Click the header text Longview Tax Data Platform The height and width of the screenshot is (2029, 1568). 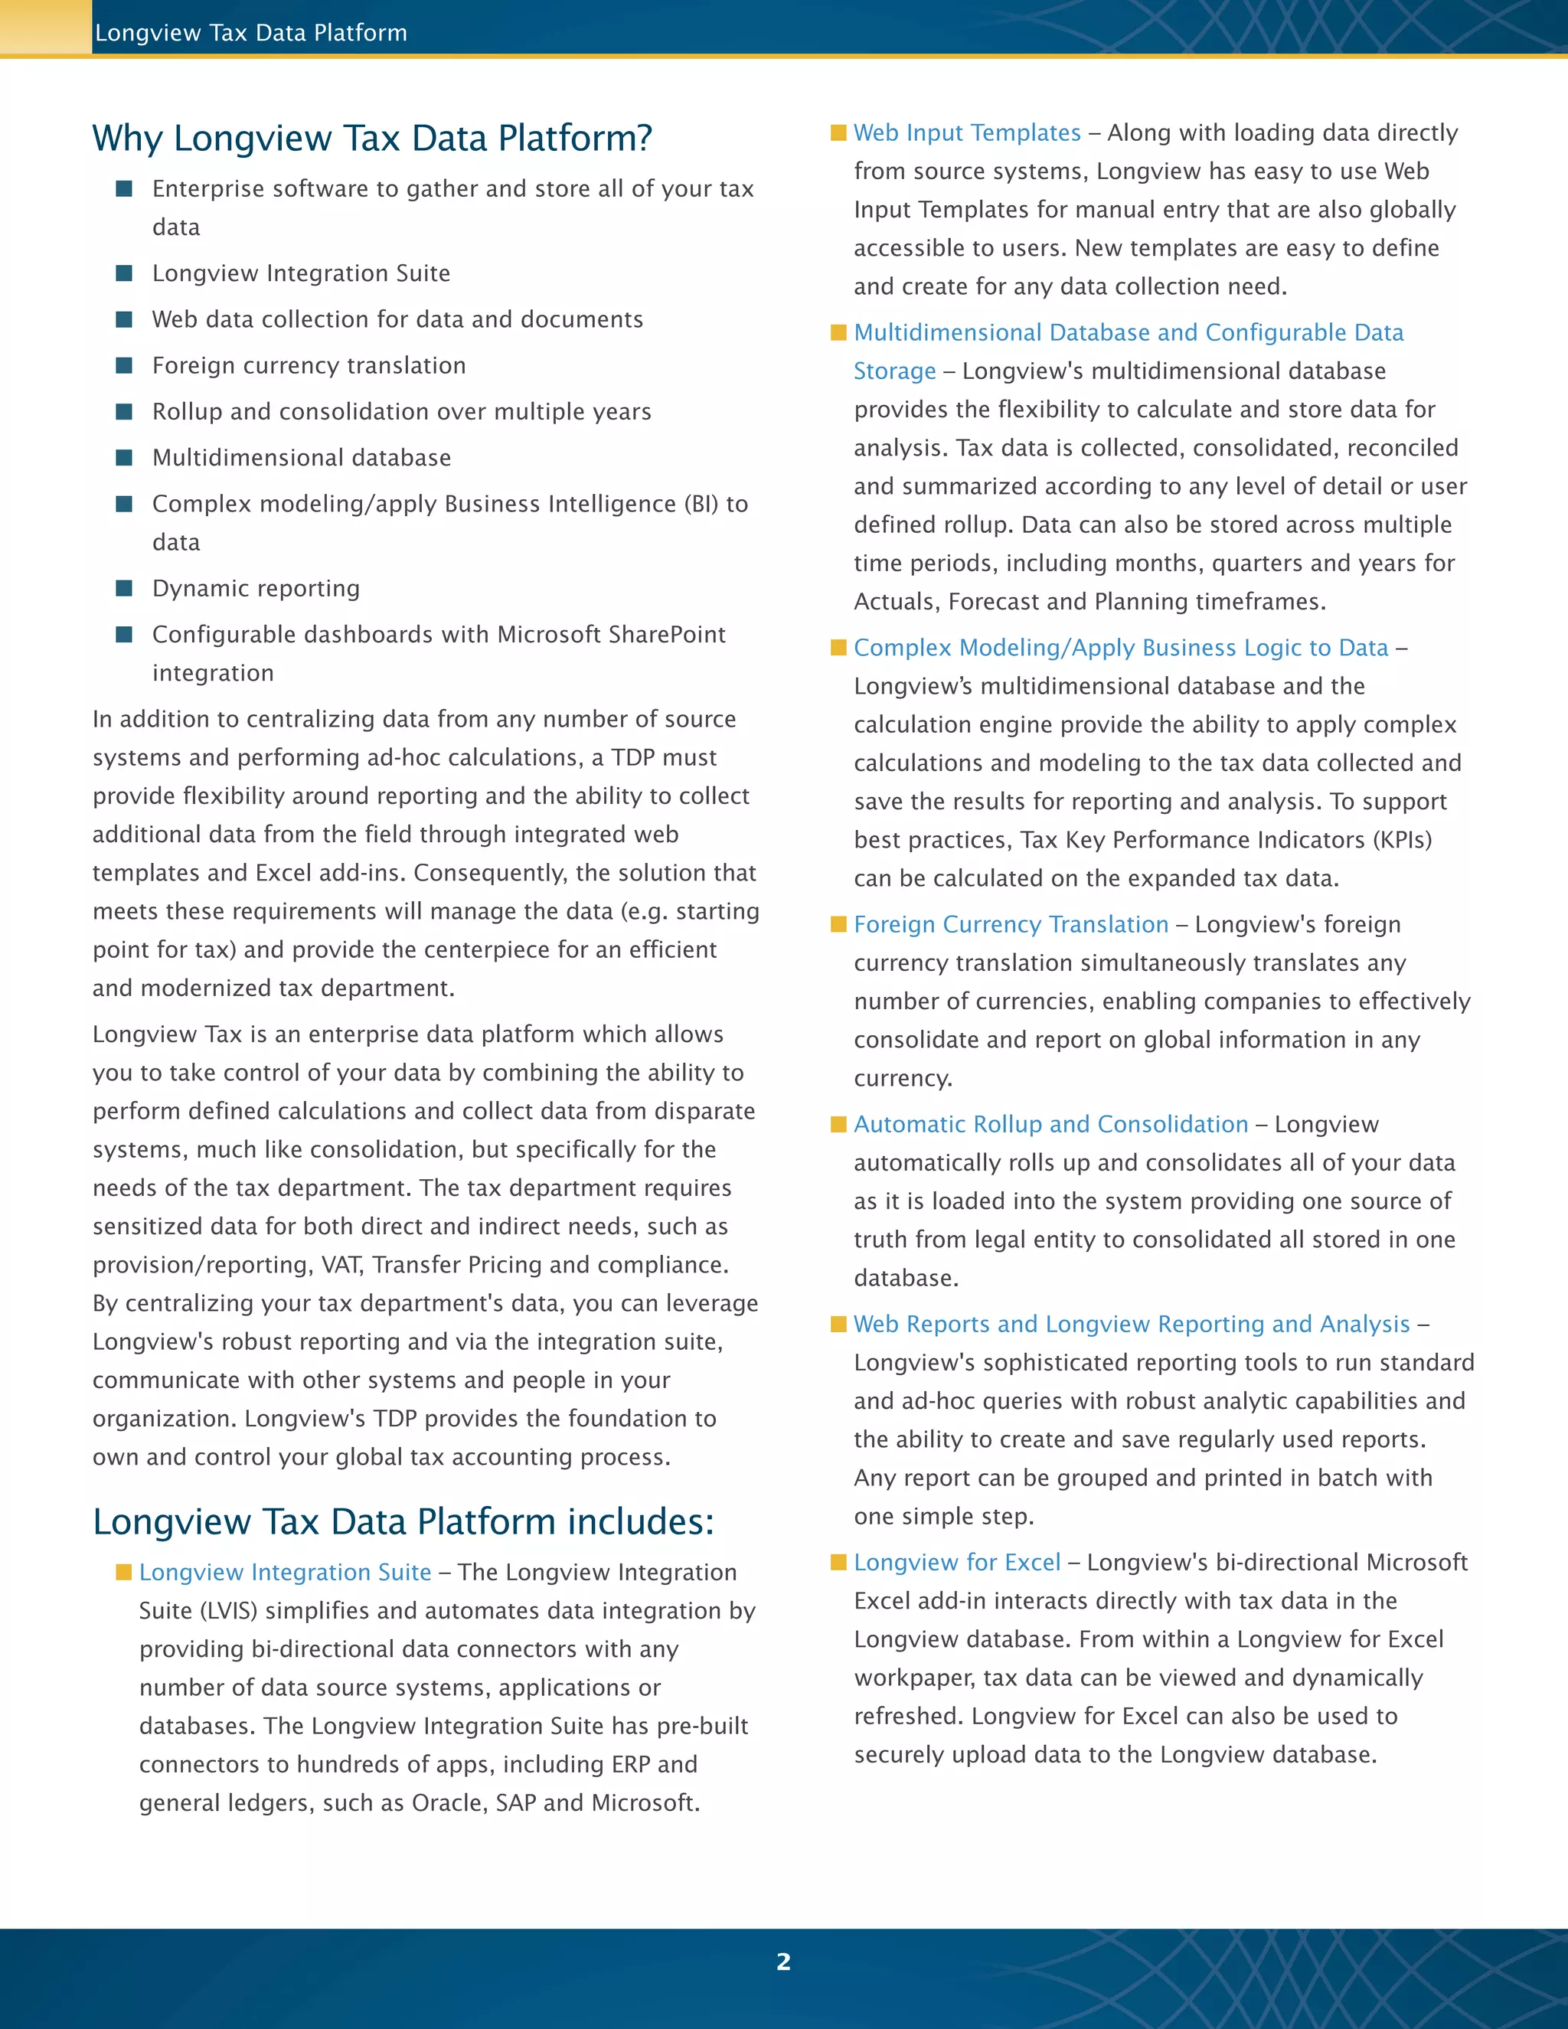pyautogui.click(x=251, y=32)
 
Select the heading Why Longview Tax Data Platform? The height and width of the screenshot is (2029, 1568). pyautogui.click(x=371, y=138)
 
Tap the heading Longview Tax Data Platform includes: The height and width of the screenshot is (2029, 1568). pyautogui.click(x=403, y=1522)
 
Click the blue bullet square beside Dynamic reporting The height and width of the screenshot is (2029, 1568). pyautogui.click(x=123, y=588)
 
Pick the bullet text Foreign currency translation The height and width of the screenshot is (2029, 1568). pyautogui.click(x=309, y=365)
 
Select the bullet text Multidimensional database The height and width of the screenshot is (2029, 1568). pyautogui.click(x=301, y=457)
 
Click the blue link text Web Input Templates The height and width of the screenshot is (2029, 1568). pyautogui.click(x=967, y=133)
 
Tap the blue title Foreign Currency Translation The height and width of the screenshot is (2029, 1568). pyautogui.click(x=1011, y=924)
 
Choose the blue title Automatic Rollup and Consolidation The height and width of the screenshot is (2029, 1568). pyautogui.click(x=1050, y=1124)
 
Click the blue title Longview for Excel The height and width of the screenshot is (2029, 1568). pyautogui.click(x=957, y=1563)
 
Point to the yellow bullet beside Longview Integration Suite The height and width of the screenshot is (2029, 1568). pyautogui.click(x=123, y=1572)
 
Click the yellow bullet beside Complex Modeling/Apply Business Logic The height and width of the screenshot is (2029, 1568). pyautogui.click(x=839, y=648)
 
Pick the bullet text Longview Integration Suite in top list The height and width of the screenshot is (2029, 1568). pyautogui.click(x=301, y=273)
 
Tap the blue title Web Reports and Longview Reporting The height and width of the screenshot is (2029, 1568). pyautogui.click(x=1132, y=1324)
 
